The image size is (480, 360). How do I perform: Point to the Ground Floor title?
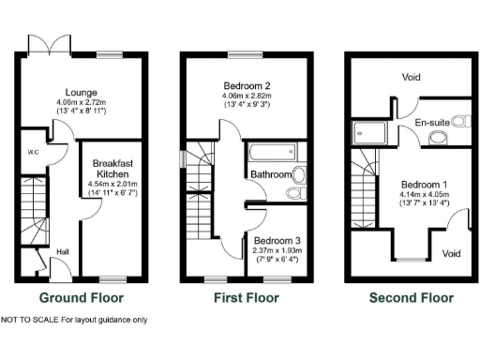80,298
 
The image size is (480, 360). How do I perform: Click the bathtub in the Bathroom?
272,152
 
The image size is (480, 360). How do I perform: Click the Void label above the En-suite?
410,77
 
